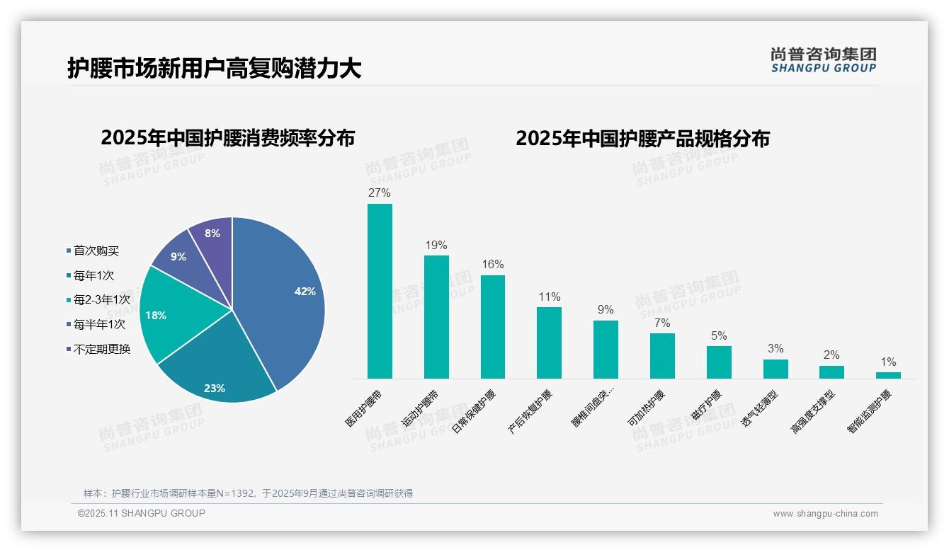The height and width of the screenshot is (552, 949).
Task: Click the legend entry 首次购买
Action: click(x=96, y=251)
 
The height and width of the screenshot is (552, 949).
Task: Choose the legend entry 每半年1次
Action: click(x=99, y=324)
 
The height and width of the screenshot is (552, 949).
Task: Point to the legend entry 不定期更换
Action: click(x=101, y=349)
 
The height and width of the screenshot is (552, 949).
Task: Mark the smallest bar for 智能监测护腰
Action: click(x=888, y=375)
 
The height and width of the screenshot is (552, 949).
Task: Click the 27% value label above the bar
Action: click(x=380, y=193)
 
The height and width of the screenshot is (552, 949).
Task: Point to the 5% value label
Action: click(x=719, y=336)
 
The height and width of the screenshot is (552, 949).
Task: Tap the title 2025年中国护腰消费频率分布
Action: click(x=227, y=138)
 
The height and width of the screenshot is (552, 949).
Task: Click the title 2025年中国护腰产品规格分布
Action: click(x=642, y=138)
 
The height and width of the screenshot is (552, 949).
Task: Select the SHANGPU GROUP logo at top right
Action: click(x=823, y=60)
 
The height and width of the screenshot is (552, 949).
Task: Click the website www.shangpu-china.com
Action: click(x=825, y=514)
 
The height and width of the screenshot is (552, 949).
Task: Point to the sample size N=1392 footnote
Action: click(x=248, y=493)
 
